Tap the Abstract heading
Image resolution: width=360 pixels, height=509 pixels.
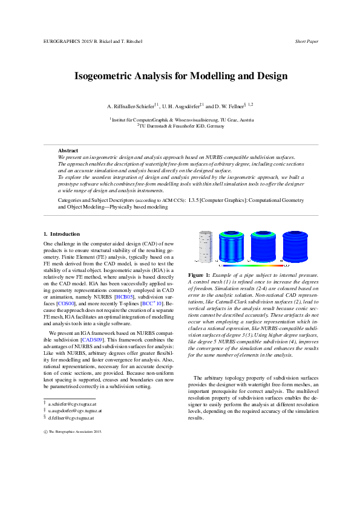(x=68, y=150)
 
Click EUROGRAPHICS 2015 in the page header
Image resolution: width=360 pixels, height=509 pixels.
(x=65, y=42)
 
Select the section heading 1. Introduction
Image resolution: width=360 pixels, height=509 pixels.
(x=62, y=233)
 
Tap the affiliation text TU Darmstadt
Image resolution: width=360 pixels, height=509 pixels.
(x=156, y=126)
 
